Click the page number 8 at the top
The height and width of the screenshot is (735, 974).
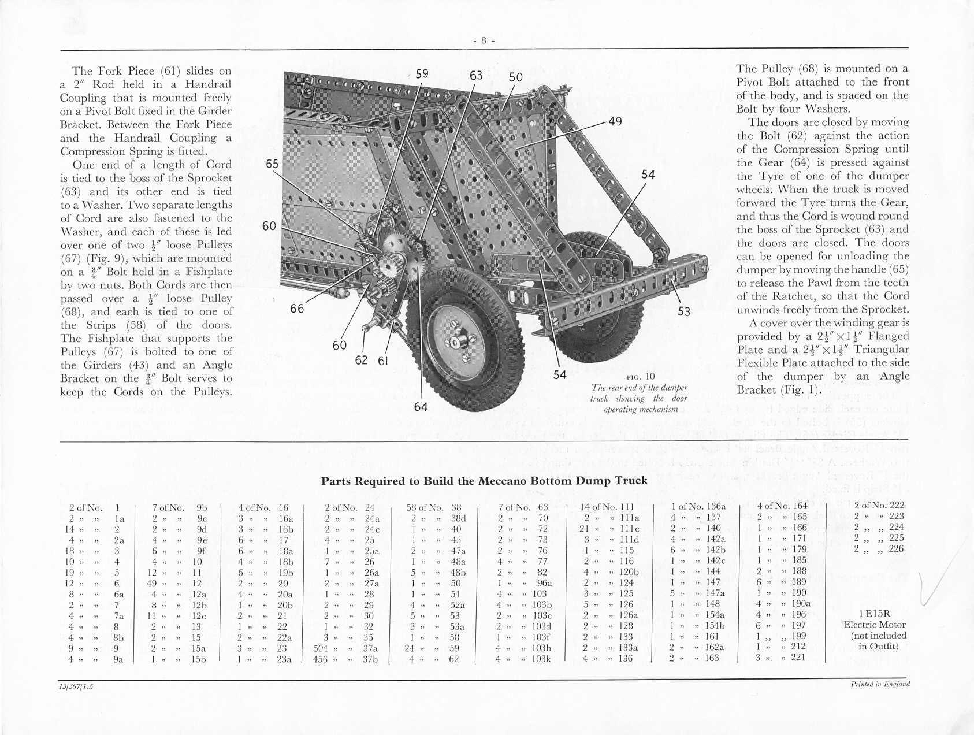tap(484, 40)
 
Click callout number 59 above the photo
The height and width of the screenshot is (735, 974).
tap(422, 74)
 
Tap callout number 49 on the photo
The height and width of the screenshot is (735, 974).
tap(615, 121)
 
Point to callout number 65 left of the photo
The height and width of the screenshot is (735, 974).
tap(272, 164)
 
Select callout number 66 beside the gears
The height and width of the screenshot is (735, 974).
tap(297, 309)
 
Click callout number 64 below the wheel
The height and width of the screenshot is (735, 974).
tap(421, 407)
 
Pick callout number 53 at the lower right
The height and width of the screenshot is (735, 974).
tap(684, 312)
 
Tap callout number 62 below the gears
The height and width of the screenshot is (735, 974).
tap(361, 360)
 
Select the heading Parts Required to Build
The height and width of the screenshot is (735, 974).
tap(484, 481)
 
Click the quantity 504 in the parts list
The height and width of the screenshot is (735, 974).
tap(321, 648)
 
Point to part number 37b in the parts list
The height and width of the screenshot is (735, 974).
tap(370, 659)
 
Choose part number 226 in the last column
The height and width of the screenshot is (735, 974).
tap(896, 549)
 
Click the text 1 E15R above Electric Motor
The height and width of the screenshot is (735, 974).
tap(875, 614)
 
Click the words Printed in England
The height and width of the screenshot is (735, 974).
tap(880, 684)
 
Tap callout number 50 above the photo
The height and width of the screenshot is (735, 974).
tap(516, 77)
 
